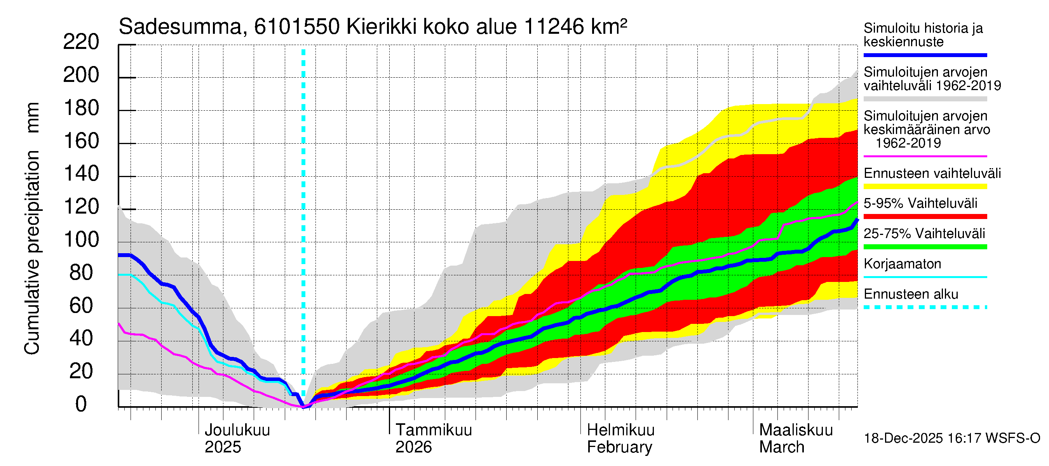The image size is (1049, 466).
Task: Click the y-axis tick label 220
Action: coord(81,42)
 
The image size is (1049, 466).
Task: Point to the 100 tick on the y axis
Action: coord(82,240)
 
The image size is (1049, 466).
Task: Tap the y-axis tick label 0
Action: coord(81,404)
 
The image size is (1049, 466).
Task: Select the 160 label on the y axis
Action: coord(82,141)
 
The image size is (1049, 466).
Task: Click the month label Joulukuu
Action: coord(237,430)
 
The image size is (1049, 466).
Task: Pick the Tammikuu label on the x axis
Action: coord(434,430)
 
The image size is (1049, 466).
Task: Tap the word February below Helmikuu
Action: coord(619,447)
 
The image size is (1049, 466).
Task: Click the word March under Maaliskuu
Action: coord(781,447)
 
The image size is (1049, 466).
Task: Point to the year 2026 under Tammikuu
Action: coord(413,447)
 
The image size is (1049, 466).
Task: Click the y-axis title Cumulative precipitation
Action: coord(32,252)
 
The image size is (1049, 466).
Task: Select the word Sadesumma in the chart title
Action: coord(180,27)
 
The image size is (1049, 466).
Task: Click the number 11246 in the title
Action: coord(554,27)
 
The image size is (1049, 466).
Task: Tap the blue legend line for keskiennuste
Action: coord(925,55)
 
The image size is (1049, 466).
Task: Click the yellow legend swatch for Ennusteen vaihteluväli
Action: coord(925,186)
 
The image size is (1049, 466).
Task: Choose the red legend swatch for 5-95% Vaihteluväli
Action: coord(925,217)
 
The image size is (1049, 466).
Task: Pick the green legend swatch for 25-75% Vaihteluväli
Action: coord(925,247)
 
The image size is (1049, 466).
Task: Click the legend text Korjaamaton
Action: coord(902,264)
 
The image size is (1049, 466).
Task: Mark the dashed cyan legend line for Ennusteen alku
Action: coord(925,307)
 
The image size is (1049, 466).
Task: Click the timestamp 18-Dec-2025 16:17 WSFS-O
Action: coord(951,438)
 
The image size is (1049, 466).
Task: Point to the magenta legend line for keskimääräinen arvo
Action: coord(925,156)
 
